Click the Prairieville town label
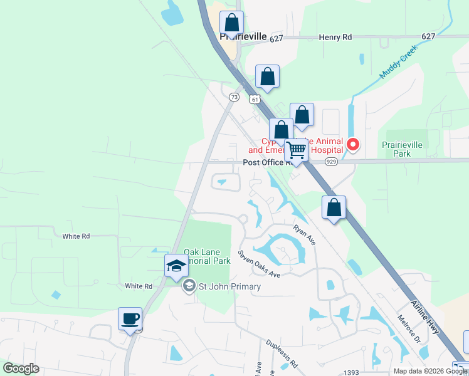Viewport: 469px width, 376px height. tap(243, 37)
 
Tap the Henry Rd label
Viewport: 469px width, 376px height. tap(335, 38)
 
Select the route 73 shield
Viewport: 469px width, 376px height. tap(234, 97)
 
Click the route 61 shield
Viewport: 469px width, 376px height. tap(254, 99)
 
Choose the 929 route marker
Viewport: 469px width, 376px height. tap(332, 162)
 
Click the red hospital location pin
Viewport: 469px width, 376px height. tap(353, 145)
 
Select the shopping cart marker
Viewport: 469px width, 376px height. tap(297, 150)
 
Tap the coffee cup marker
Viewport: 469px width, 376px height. tap(130, 319)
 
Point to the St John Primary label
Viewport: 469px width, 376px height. tap(229, 287)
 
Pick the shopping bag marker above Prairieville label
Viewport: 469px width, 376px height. tap(232, 23)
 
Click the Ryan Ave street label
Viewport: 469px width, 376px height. tap(303, 235)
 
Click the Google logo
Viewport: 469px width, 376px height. tap(21, 368)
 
